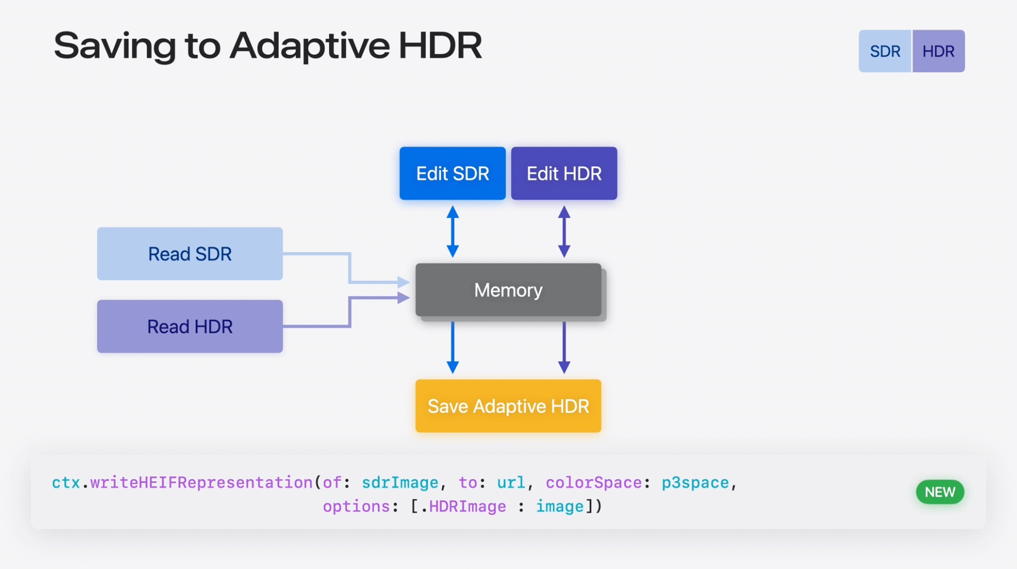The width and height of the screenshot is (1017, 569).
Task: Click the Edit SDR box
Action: (453, 173)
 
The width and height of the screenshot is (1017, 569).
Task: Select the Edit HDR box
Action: (564, 173)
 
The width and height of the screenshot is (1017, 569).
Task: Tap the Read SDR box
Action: (190, 254)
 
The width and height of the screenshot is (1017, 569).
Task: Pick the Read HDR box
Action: (190, 326)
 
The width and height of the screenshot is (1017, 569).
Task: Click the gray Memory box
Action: (508, 290)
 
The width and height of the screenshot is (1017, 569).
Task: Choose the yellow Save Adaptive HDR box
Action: (508, 406)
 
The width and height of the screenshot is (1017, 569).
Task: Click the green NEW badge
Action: (940, 492)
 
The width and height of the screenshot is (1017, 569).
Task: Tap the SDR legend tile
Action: (885, 51)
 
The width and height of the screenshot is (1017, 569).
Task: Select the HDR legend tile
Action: (939, 51)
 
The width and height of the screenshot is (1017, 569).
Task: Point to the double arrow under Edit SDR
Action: (453, 231)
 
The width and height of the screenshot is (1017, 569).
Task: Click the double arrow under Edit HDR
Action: (564, 231)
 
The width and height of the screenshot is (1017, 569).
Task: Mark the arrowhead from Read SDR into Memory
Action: (404, 282)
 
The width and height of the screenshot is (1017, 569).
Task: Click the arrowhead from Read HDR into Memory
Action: (404, 298)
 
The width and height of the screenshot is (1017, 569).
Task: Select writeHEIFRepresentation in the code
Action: (201, 482)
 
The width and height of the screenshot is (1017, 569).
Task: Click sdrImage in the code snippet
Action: (400, 482)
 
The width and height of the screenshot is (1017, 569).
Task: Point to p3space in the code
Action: (695, 482)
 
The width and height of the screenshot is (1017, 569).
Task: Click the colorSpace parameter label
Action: (594, 482)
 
